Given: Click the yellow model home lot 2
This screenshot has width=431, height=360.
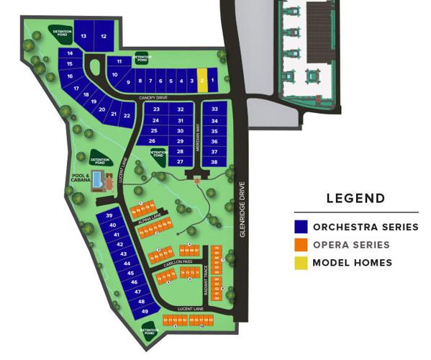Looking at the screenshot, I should (203, 81).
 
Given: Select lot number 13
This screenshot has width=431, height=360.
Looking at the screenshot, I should (84, 36).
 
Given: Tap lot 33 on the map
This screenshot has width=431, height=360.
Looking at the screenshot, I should (214, 109).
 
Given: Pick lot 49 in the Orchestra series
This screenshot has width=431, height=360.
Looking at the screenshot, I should (145, 311).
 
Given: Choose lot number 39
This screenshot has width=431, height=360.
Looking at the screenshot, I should (110, 216).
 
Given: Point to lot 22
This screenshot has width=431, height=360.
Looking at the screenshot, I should (127, 115).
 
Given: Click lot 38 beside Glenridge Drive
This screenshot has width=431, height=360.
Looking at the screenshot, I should (214, 162).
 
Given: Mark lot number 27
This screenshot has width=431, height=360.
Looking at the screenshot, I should (180, 162).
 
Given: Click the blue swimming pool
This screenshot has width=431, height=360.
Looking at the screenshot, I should (97, 179).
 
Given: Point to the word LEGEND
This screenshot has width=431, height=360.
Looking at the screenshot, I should (355, 199).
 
